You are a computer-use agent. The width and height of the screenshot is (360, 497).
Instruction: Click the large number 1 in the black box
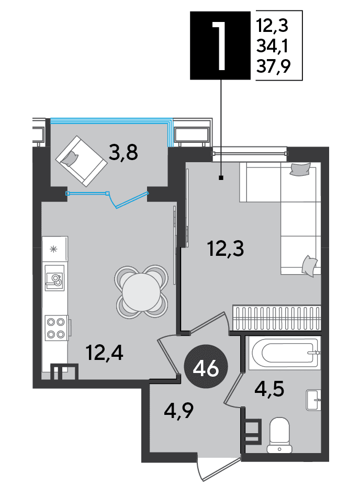[x=219, y=46]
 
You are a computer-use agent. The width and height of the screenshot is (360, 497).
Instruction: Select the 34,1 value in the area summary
[x=272, y=46]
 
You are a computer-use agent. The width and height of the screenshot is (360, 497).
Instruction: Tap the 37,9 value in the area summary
[x=274, y=67]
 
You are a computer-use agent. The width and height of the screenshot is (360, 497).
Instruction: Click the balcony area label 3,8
[x=123, y=152]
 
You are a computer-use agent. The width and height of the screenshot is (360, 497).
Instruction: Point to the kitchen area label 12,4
[x=105, y=353]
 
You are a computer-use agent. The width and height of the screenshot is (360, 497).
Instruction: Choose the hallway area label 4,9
[x=178, y=411]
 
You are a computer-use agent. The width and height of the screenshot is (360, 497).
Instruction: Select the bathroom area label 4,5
[x=269, y=389]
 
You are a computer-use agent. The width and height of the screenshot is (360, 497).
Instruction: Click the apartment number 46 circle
[x=206, y=368]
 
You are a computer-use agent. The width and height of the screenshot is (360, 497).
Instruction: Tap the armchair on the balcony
[x=81, y=161]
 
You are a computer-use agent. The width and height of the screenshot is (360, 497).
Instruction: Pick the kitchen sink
[x=54, y=278]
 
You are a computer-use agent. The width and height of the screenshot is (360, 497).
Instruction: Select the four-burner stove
[x=56, y=327]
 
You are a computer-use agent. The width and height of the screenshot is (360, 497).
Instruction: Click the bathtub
[x=284, y=353]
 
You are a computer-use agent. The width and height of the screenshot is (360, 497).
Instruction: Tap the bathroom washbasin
[x=313, y=400]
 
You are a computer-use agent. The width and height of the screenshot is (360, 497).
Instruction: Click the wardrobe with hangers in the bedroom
[x=277, y=318]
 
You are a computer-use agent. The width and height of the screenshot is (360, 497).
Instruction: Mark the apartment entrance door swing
[x=219, y=468]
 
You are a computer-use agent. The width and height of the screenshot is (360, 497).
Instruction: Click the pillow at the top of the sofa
[x=299, y=168]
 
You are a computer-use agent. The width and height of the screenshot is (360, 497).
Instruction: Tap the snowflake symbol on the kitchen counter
[x=54, y=249]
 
